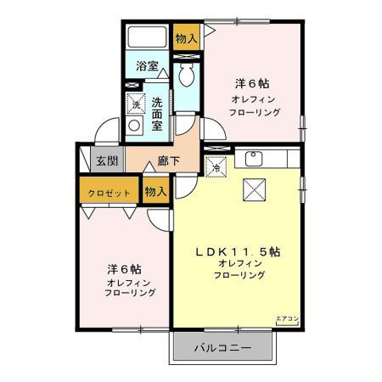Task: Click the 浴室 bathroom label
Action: click(x=146, y=64)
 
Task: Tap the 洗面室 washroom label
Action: click(x=157, y=113)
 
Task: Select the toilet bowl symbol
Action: click(x=186, y=76)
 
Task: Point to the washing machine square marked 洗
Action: click(x=135, y=104)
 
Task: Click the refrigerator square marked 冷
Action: click(x=216, y=166)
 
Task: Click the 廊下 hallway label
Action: click(x=168, y=161)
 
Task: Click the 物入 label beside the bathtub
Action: click(x=185, y=37)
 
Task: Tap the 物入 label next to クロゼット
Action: click(x=155, y=193)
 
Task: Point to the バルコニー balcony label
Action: click(x=222, y=348)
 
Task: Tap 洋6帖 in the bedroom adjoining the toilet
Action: click(x=252, y=84)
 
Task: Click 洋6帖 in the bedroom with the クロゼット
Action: click(x=124, y=266)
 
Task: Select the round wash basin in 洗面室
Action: click(x=134, y=127)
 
